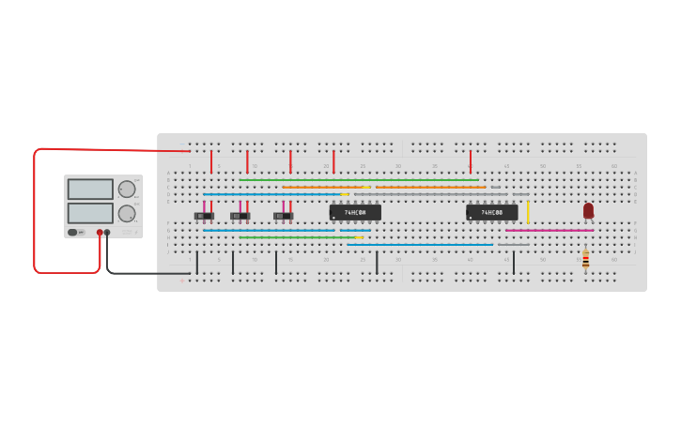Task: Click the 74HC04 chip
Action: coord(355,213)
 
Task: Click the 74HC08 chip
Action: coord(491,213)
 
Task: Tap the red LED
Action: coord(588,210)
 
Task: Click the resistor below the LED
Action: coord(585,259)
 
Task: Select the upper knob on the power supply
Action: coord(126,189)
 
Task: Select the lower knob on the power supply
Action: coord(126,213)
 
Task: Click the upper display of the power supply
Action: coord(90,189)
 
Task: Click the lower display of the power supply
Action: coord(90,213)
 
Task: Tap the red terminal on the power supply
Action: coord(100,232)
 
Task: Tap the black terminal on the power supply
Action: coord(107,232)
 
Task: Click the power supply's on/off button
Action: coord(72,232)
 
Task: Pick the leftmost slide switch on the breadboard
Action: coord(204,216)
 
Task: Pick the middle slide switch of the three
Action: coord(240,216)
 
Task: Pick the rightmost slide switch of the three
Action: coord(283,216)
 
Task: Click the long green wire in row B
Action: coord(357,180)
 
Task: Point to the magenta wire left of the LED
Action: coord(549,230)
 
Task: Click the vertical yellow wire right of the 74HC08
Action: coord(528,211)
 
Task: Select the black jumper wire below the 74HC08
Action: coord(514,263)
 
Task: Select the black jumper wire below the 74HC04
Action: coord(377,263)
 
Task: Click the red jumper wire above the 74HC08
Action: coord(471,161)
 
